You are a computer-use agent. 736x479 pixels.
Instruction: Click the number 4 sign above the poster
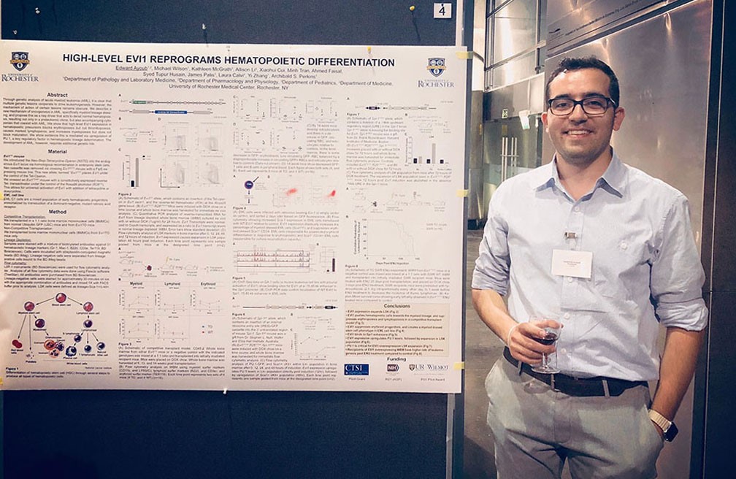point(442,10)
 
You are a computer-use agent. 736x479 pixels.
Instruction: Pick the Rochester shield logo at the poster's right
point(437,67)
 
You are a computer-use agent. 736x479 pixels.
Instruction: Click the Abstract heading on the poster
point(57,95)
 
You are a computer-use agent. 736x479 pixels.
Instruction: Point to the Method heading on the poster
point(57,212)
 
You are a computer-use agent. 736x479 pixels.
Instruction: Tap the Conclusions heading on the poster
point(396,306)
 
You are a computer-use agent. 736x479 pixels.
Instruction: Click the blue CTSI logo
point(356,369)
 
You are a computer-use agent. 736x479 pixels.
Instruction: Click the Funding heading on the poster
point(396,359)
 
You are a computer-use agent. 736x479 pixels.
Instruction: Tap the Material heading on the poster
point(57,151)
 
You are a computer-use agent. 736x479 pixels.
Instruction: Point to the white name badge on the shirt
point(572,263)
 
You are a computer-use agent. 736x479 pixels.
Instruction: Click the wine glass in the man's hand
point(545,343)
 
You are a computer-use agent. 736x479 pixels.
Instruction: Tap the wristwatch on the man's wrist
point(662,422)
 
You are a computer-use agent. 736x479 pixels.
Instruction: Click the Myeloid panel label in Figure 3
point(136,283)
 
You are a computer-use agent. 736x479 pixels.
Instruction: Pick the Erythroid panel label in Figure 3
point(208,283)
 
